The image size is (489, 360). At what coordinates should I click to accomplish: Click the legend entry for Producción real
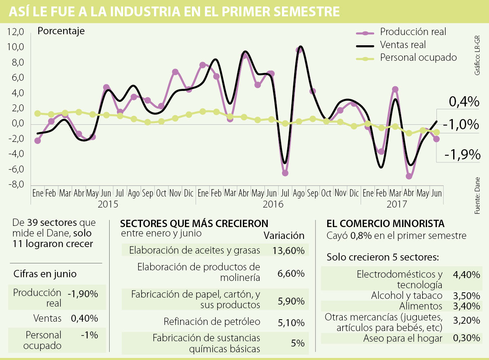(x=413, y=32)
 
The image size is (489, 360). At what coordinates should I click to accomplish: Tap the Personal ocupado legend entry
(x=418, y=57)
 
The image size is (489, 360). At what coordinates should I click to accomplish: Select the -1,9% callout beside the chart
(x=462, y=155)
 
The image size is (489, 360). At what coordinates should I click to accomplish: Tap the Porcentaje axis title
(x=61, y=31)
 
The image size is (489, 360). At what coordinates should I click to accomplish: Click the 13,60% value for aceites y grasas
(x=288, y=250)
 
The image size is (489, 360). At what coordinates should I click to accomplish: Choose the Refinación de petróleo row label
(x=211, y=322)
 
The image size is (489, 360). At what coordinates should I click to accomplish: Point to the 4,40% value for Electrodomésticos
(x=466, y=274)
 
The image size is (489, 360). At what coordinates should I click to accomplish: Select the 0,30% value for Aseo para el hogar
(x=466, y=338)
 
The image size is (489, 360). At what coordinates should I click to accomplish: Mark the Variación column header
(x=284, y=236)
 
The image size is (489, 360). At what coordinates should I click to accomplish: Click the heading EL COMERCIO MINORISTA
(x=385, y=223)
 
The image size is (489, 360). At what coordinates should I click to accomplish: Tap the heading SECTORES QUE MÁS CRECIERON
(x=194, y=223)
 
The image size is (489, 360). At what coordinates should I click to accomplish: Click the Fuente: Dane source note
(x=478, y=195)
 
